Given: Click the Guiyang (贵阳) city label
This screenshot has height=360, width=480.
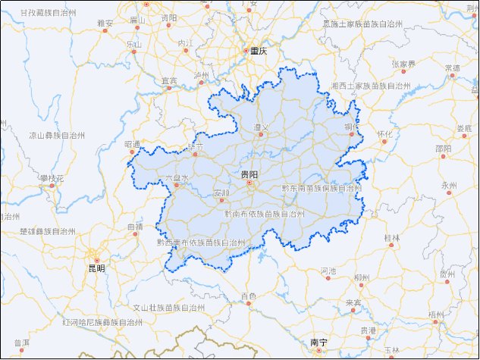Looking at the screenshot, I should click(249, 174).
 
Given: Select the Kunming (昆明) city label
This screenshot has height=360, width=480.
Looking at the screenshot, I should click(96, 268).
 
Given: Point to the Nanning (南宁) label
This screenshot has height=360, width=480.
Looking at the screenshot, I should click(318, 343).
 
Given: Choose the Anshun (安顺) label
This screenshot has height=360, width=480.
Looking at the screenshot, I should click(221, 193).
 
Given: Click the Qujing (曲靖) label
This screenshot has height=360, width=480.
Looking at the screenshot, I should click(135, 227).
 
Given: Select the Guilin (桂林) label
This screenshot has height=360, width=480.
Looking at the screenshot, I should click(391, 238).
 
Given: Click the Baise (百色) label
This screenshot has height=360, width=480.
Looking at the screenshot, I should click(248, 296).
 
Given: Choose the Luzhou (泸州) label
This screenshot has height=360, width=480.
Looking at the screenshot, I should click(201, 76).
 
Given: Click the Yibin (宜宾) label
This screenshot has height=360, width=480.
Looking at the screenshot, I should click(169, 80).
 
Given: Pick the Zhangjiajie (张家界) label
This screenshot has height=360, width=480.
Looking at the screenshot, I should click(403, 64).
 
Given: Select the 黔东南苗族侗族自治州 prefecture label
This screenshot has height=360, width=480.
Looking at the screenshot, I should click(321, 187).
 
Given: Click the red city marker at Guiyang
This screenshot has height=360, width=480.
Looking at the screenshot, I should click(249, 183).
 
